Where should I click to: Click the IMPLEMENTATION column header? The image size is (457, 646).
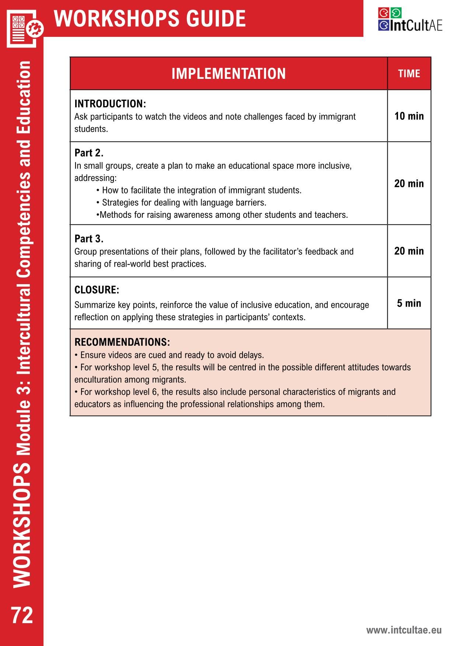(x=228, y=74)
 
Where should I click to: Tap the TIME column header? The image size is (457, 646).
(x=409, y=74)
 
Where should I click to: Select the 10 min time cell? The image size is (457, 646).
(x=409, y=116)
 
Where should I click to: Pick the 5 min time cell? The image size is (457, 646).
(x=409, y=303)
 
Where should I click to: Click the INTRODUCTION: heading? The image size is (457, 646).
(x=110, y=104)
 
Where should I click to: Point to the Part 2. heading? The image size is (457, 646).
(x=89, y=153)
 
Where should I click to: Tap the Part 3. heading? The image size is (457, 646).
(x=89, y=239)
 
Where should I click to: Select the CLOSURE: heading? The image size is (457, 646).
(x=97, y=290)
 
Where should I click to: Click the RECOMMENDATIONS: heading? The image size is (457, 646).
(x=122, y=342)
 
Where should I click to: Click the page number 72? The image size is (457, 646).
(x=22, y=615)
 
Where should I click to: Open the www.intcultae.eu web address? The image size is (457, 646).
(x=404, y=630)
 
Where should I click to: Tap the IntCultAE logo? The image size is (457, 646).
(x=410, y=20)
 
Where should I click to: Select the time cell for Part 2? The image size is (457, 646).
(x=409, y=184)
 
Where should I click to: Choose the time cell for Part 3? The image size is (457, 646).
(x=409, y=251)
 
